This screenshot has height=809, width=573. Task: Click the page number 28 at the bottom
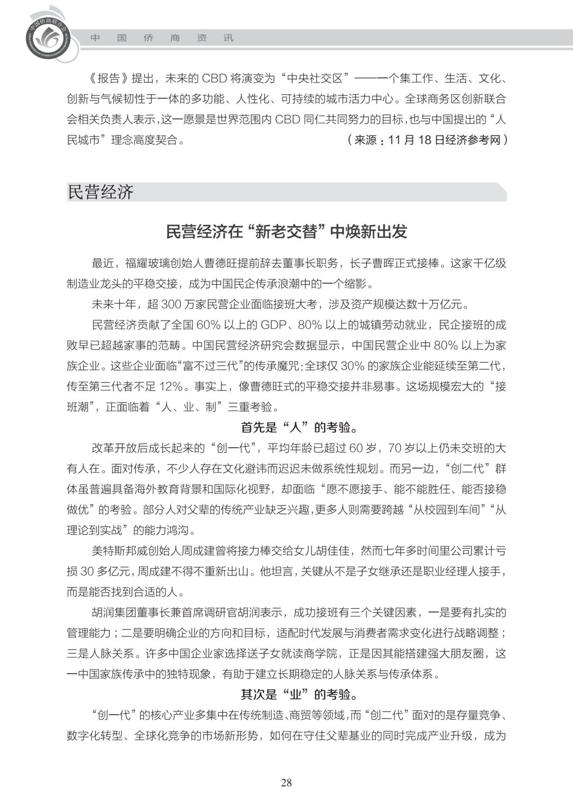286,782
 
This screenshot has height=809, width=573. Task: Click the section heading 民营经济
100,192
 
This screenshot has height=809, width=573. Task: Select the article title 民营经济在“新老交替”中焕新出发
286,231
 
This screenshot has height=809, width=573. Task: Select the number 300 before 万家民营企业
171,304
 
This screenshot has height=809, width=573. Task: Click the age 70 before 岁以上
395,448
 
